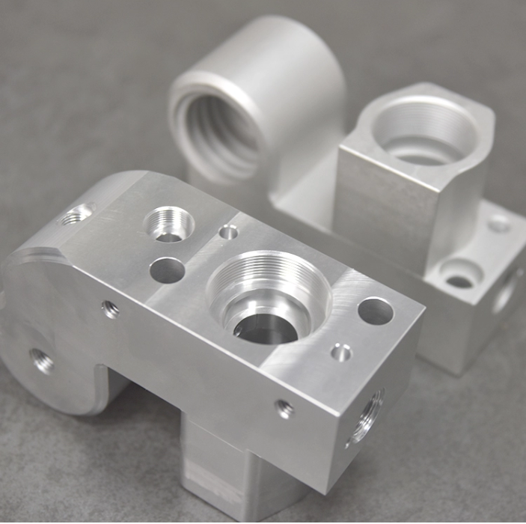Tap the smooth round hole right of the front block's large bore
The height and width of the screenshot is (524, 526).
point(376,311)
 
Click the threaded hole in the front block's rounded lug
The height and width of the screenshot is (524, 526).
point(42,362)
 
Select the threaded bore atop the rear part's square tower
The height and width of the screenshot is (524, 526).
point(423,135)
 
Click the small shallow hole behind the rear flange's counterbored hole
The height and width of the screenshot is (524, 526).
point(500,223)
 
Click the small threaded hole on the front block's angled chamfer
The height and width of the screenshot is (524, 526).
point(76,216)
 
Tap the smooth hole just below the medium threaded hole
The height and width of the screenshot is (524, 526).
point(168,269)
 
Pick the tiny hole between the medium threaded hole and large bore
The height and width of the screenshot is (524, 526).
point(229,233)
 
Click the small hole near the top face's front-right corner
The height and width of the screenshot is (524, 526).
point(341,352)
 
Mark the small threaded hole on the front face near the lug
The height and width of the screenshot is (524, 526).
point(111,309)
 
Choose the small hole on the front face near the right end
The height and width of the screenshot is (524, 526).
point(284,409)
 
